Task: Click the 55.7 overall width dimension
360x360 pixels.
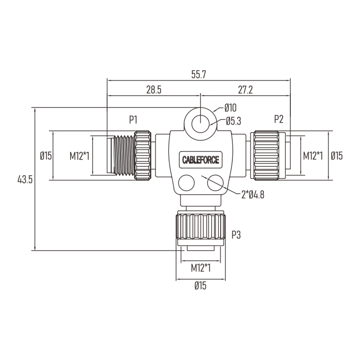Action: (199, 75)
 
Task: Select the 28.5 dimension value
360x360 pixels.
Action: (154, 90)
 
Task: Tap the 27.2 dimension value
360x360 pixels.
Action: (245, 90)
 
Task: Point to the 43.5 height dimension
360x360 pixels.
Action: (25, 179)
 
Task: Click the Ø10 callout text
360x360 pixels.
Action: (230, 108)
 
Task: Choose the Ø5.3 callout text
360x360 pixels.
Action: (234, 121)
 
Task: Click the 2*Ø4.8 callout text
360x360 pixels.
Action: (253, 195)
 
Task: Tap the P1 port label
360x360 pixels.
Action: (133, 120)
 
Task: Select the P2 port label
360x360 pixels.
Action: (279, 119)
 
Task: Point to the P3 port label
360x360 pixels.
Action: (236, 235)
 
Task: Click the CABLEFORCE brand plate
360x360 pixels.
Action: (200, 160)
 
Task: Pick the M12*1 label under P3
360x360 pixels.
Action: (200, 268)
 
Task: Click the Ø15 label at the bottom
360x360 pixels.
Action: (200, 285)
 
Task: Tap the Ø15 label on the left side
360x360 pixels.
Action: (46, 156)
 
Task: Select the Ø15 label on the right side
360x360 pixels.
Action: (337, 156)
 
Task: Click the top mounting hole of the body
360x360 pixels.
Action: (200, 124)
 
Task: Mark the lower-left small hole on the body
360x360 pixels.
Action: (187, 183)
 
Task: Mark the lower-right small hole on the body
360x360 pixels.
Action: (215, 183)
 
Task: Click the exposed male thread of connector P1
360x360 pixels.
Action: (124, 155)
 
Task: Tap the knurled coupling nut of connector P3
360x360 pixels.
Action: (200, 227)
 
